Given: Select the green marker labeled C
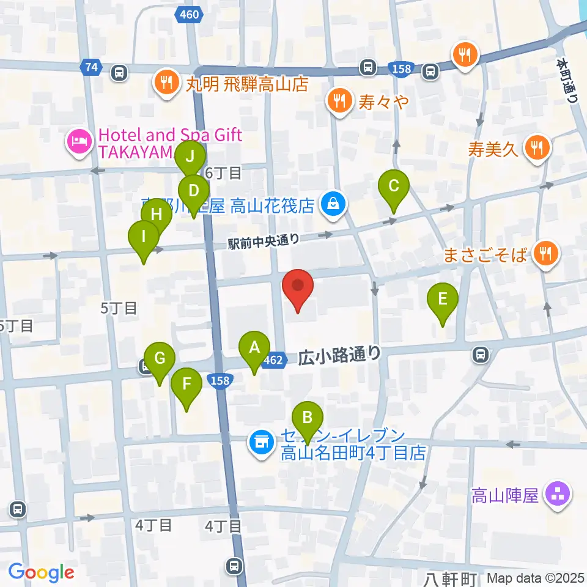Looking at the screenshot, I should click(394, 185).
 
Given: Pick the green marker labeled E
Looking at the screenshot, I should click(443, 300).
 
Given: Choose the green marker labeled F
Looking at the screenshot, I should click(186, 385).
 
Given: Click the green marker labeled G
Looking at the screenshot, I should click(160, 359).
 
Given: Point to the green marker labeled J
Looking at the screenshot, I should click(190, 157).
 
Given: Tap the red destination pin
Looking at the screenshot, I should click(298, 287).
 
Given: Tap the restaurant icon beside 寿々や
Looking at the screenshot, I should click(339, 98).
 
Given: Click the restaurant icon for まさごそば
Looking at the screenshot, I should click(544, 251).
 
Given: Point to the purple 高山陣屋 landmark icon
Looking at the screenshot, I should click(558, 493).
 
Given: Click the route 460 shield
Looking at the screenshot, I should click(190, 14).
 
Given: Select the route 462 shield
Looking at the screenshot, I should click(273, 361).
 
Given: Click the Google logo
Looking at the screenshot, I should click(41, 572).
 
